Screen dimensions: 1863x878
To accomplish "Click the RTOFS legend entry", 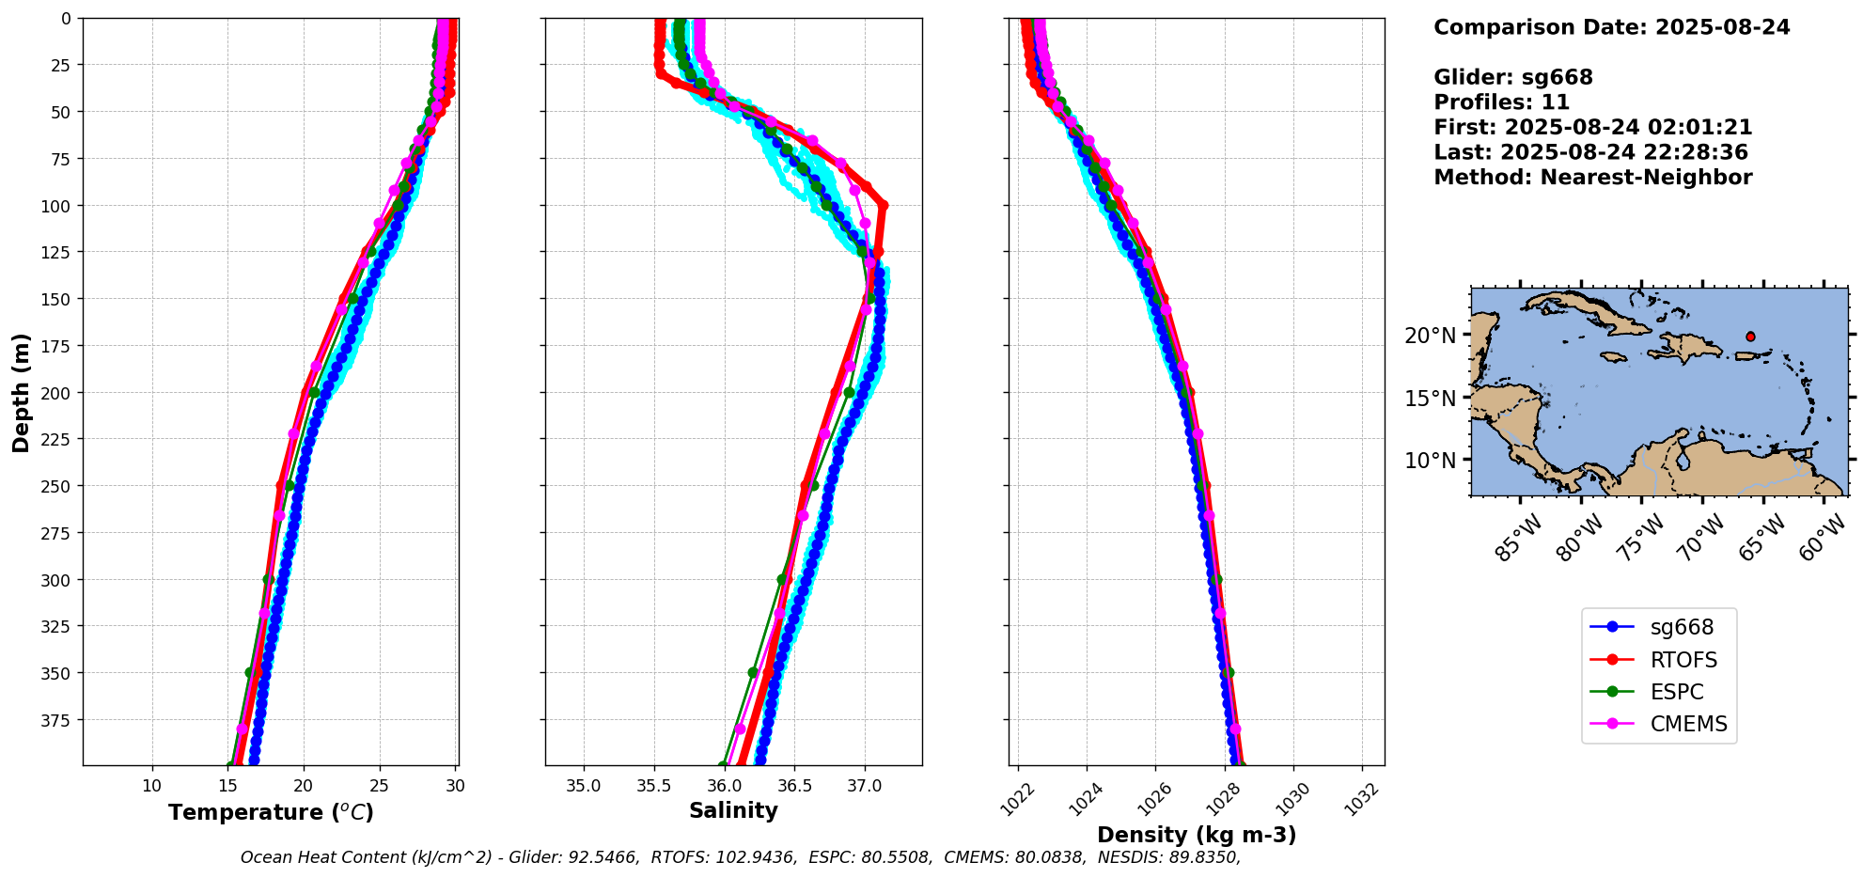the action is tap(1659, 660).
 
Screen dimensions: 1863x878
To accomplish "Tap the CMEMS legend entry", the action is tap(1659, 724).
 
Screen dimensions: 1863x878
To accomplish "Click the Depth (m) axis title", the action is tap(21, 392).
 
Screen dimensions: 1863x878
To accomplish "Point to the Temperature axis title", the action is tap(271, 812).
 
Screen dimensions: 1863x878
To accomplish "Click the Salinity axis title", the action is tap(733, 810).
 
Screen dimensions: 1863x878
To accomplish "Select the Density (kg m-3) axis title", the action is tap(1197, 835).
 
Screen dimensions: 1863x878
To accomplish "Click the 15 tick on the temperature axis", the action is tap(227, 785).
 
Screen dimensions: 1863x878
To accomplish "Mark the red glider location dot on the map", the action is tap(1750, 337).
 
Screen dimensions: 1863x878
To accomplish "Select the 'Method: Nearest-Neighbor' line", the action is tap(1592, 177).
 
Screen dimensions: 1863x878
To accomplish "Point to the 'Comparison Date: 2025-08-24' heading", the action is tap(1611, 27).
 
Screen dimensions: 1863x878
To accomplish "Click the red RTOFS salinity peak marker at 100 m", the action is tap(883, 205).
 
